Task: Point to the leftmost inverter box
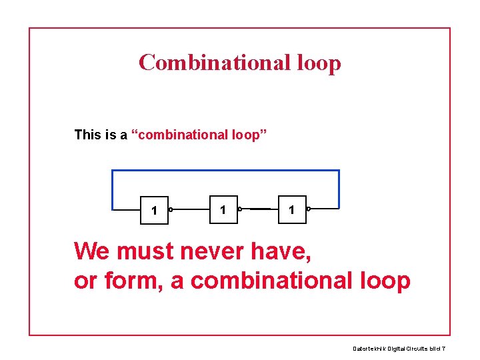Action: tap(154, 210)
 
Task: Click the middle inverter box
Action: tap(223, 209)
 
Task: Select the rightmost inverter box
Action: tap(291, 209)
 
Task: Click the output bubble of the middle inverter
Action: tap(239, 209)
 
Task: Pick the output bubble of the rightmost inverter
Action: tap(308, 209)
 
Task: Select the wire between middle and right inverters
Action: tap(260, 209)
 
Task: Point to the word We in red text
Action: tap(92, 251)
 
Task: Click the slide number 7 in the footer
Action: tap(443, 349)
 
